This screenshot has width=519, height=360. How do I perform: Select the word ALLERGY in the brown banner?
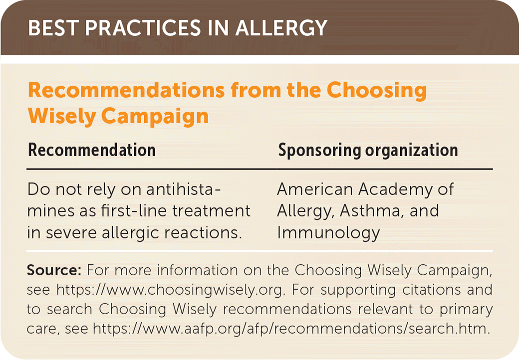pos(281,27)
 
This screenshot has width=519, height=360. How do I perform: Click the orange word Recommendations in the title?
pos(126,90)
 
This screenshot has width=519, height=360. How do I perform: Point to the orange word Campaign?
pos(155,117)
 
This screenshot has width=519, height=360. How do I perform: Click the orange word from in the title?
pos(256,90)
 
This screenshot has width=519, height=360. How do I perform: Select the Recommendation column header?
pos(92,150)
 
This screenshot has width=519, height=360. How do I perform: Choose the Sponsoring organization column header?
pos(368,151)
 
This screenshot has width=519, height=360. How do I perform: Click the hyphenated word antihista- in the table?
pos(183,189)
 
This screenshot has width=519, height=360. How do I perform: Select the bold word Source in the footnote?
pos(54,270)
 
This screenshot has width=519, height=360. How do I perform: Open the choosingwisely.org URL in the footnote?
pos(170,290)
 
